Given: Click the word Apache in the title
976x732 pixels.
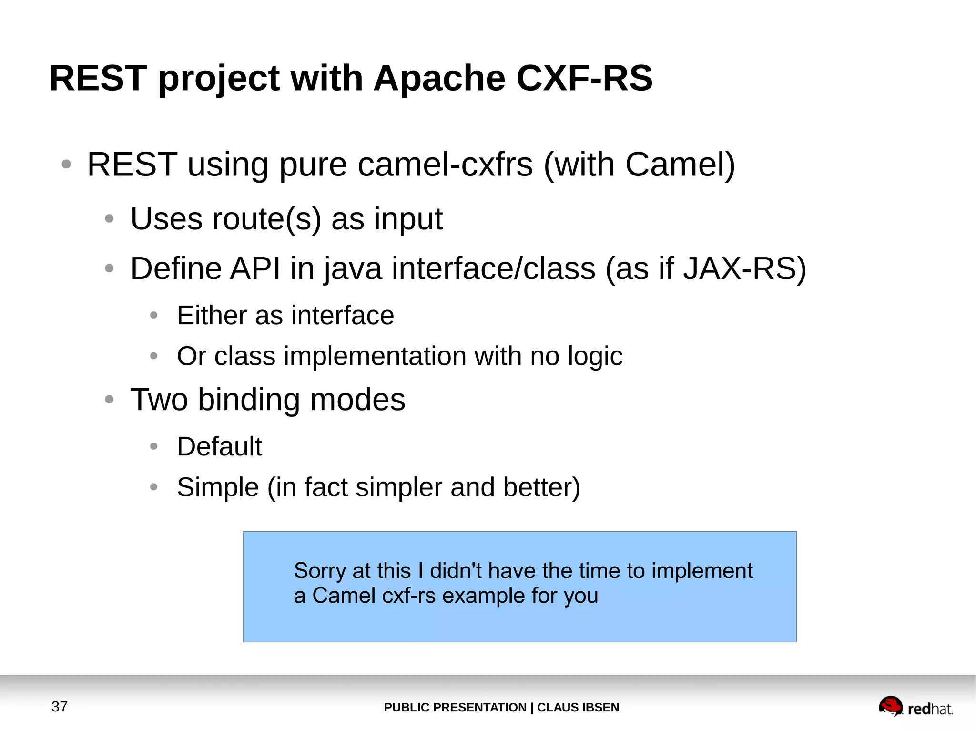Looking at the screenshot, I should (x=439, y=78).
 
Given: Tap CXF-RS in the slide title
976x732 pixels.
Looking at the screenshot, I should (x=584, y=78).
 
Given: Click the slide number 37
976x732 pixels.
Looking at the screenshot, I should (x=60, y=706).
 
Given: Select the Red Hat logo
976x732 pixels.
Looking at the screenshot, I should (x=915, y=707).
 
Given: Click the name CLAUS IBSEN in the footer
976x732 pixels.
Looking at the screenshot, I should (x=578, y=707).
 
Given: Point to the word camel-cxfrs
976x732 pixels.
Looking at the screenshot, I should (x=445, y=165).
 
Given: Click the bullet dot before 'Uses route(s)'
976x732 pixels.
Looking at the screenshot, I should (x=109, y=219).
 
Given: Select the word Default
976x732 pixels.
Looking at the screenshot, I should (x=219, y=446).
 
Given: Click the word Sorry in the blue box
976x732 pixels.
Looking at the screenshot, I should (x=320, y=571).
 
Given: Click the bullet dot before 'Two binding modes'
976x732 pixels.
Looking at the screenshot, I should (x=109, y=399).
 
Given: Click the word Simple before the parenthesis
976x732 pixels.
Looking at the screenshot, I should (x=218, y=487).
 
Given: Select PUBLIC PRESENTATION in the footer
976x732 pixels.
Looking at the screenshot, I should (x=455, y=707).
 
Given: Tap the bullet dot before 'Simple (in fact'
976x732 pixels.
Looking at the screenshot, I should (x=153, y=487).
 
